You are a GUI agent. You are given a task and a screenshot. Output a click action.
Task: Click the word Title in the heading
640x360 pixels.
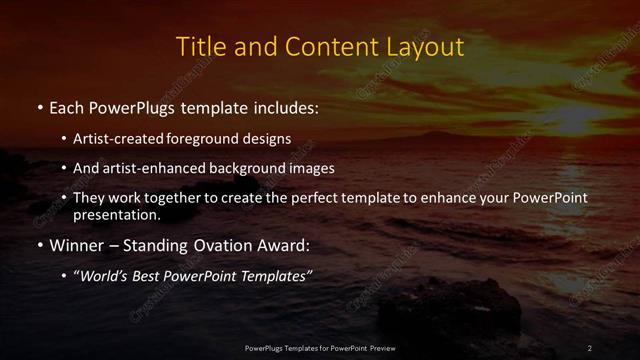tap(198, 47)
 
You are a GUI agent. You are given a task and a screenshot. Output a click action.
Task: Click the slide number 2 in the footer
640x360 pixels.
tap(590, 347)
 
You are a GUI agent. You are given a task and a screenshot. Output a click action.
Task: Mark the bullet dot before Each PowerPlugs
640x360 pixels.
tap(39, 107)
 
